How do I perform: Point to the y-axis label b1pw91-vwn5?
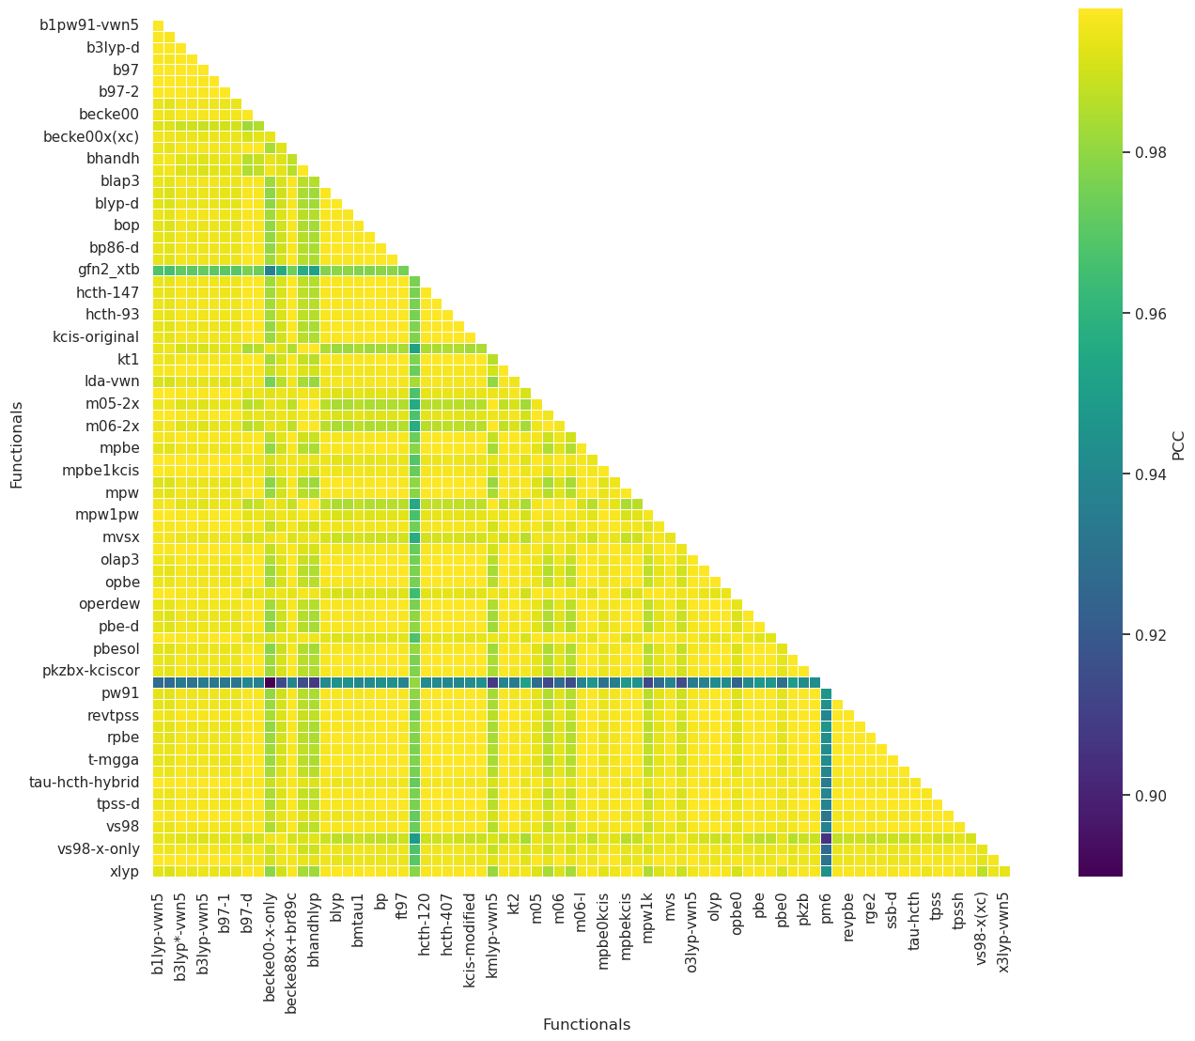[x=89, y=25]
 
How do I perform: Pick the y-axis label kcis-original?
[x=96, y=337]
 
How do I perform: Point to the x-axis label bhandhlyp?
[x=314, y=930]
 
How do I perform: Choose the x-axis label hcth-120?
[x=425, y=924]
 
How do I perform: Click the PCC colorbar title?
[x=1178, y=443]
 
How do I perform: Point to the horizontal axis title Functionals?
[x=586, y=1025]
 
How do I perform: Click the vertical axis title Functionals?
[x=17, y=444]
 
